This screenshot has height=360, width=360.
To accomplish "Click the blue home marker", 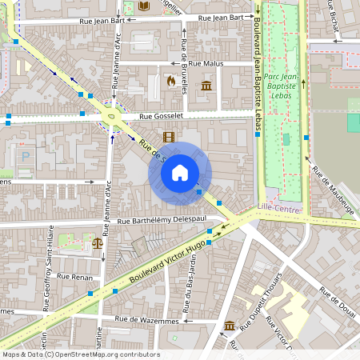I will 180,172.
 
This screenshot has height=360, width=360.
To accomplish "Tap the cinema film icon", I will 168,137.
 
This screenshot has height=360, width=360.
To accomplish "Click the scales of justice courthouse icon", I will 98,241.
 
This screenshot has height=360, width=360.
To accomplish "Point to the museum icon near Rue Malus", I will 206,86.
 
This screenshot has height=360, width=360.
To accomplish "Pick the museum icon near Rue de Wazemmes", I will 230,326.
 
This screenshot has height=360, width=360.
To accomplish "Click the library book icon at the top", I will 143,6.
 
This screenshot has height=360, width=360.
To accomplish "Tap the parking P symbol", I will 25,158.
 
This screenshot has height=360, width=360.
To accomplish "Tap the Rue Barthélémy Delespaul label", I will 162,221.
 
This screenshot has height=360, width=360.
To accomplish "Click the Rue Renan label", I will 77,276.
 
